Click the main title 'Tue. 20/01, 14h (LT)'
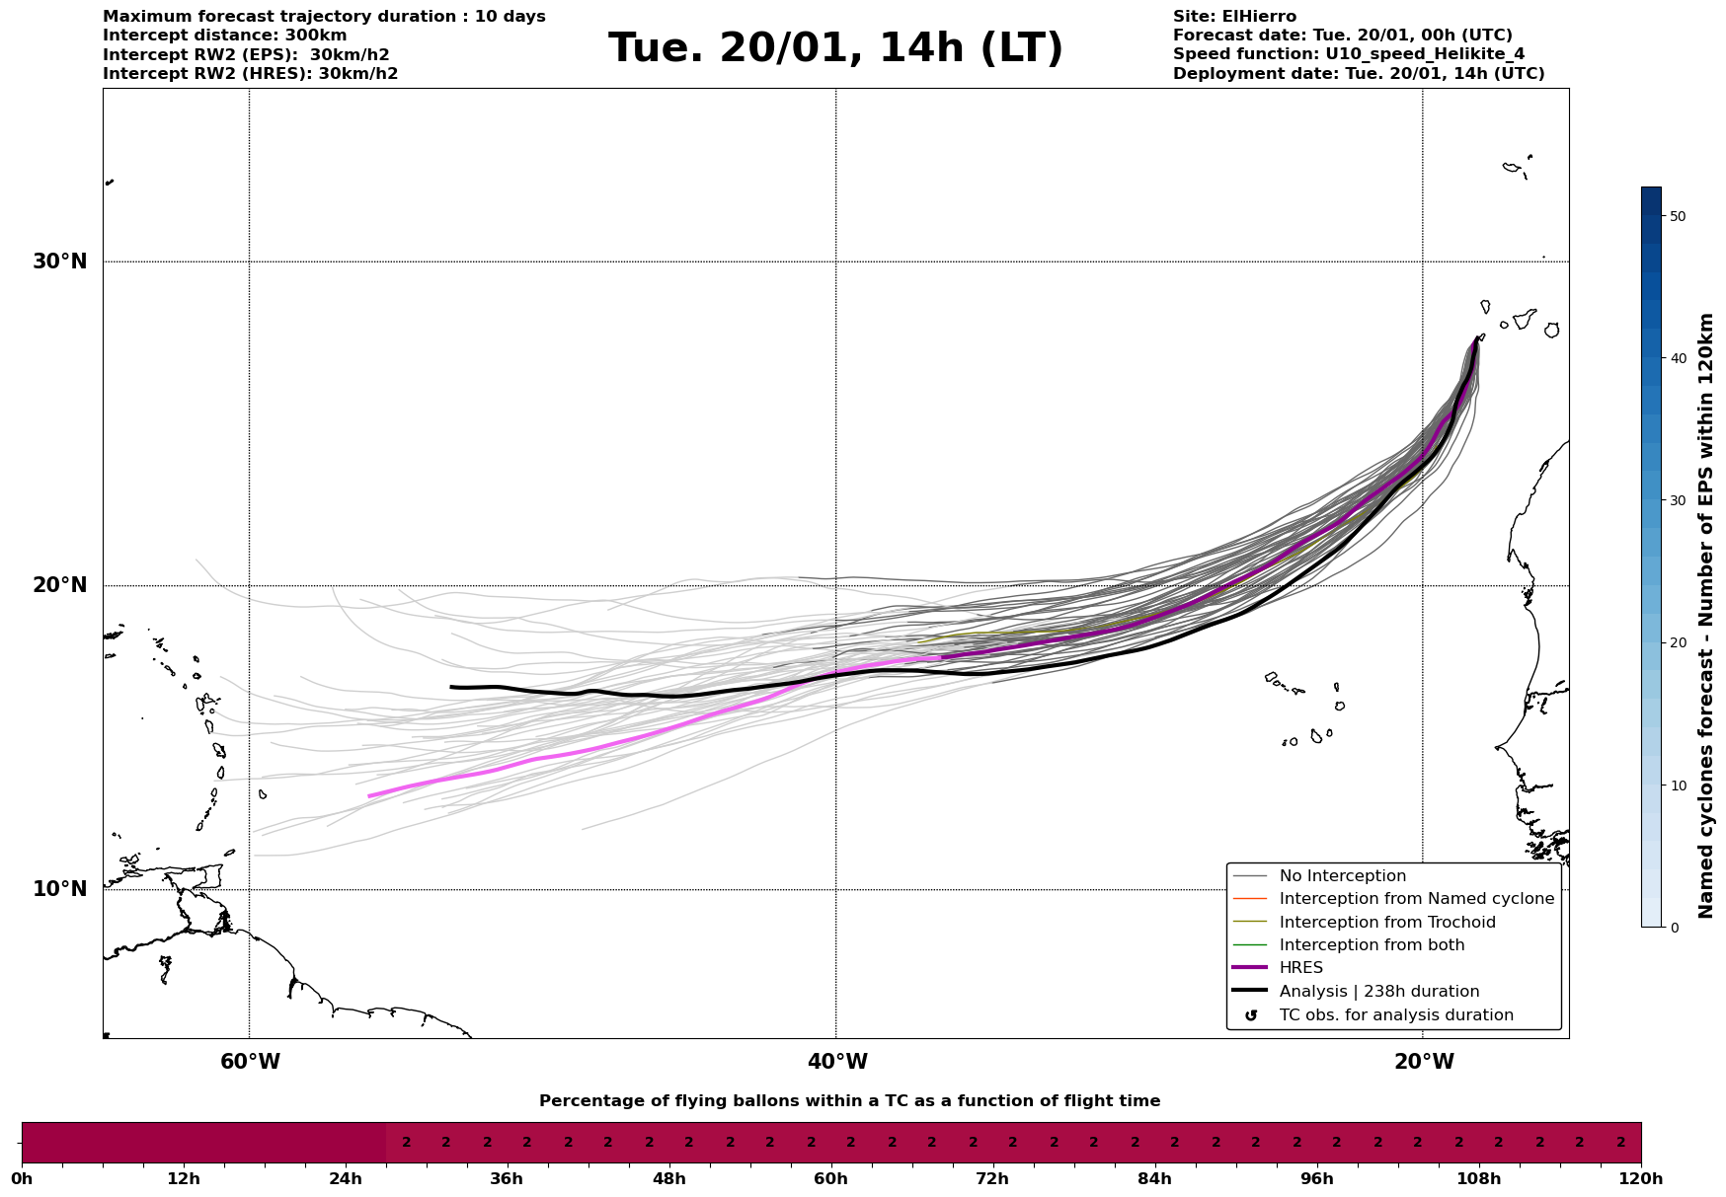pyautogui.click(x=835, y=48)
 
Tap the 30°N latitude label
pyautogui.click(x=60, y=262)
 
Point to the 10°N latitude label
pyautogui.click(x=60, y=889)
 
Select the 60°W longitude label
pyautogui.click(x=250, y=1062)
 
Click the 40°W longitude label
pyautogui.click(x=837, y=1062)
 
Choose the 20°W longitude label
pyautogui.click(x=1424, y=1062)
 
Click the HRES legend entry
pyautogui.click(x=1300, y=968)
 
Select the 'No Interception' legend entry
pyautogui.click(x=1342, y=876)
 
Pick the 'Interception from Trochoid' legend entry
pyautogui.click(x=1386, y=923)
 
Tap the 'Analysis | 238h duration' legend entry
pyautogui.click(x=1378, y=992)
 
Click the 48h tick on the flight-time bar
pyautogui.click(x=668, y=1178)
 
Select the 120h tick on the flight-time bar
pyautogui.click(x=1641, y=1178)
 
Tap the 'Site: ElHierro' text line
pyautogui.click(x=1234, y=17)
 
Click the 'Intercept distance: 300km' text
pyautogui.click(x=224, y=36)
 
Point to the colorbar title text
pyautogui.click(x=1705, y=616)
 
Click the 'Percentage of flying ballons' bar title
pyautogui.click(x=849, y=1101)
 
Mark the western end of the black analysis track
pyautogui.click(x=451, y=687)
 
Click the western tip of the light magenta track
pyautogui.click(x=368, y=795)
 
